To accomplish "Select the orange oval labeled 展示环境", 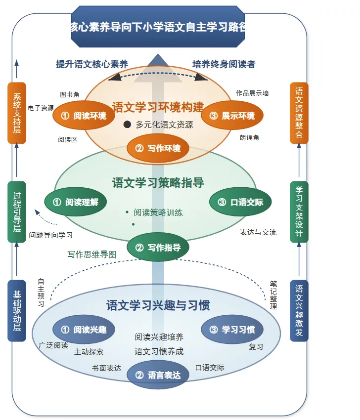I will (232, 116).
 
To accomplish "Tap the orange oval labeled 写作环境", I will (158, 148).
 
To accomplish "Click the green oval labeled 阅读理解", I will (76, 202).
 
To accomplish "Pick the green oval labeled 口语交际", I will (240, 202).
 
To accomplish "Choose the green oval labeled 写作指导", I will (158, 247).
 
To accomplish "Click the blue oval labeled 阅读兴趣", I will (84, 330).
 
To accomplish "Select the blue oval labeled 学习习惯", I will (232, 330).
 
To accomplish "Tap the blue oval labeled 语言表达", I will (158, 375).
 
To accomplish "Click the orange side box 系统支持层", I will (17, 113).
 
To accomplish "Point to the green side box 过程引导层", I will (17, 212).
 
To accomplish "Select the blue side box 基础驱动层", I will (17, 311).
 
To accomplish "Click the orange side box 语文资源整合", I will (299, 113).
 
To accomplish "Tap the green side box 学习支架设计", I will (299, 212).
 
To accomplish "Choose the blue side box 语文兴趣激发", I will (299, 311).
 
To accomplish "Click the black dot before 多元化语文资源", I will (127, 125).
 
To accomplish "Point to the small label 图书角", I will (70, 94).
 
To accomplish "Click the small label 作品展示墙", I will (252, 93).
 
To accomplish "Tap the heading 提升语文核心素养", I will (92, 64).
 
